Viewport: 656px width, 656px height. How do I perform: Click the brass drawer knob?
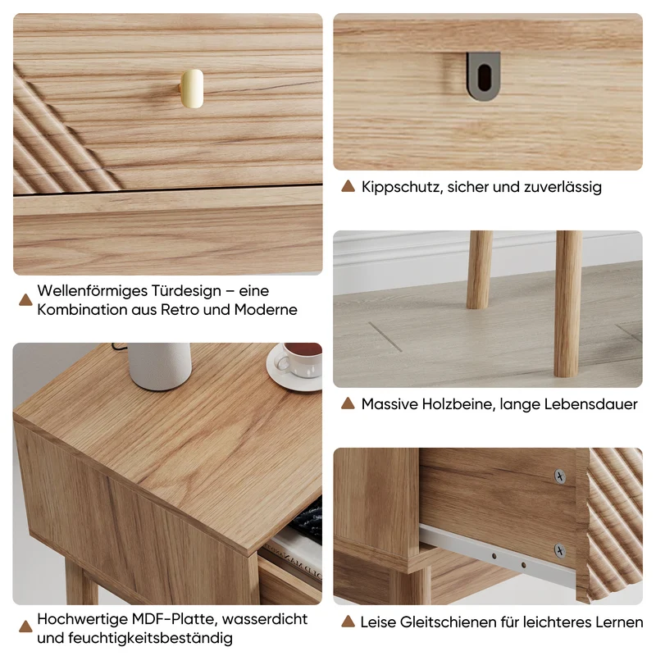click(192, 89)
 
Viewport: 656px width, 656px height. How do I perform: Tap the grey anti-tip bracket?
click(484, 76)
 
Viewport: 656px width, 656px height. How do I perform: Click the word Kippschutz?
click(402, 187)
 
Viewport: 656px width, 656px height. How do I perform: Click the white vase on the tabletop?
click(159, 367)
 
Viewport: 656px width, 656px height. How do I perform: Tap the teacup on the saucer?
click(300, 359)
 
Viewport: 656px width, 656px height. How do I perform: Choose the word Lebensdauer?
click(593, 404)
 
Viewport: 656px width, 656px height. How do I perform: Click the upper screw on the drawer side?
click(560, 476)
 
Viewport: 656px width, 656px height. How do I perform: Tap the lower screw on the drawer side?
click(560, 550)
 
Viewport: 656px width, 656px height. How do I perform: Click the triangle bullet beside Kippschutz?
click(348, 186)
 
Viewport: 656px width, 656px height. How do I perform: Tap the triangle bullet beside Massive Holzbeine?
click(348, 403)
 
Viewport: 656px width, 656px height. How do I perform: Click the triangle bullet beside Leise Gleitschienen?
click(348, 622)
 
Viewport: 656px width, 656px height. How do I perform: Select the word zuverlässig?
click(563, 187)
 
